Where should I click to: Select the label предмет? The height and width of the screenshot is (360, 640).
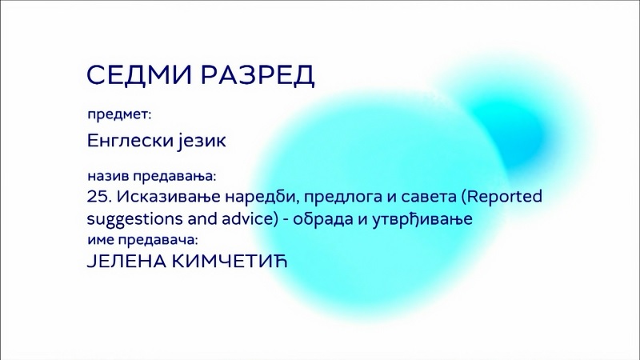[119, 114]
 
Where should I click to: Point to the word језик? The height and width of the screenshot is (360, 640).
[202, 142]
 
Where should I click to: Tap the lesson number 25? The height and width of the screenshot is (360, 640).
[99, 197]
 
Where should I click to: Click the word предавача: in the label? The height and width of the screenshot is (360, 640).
[158, 240]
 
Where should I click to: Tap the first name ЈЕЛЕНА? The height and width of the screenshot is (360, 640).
[127, 262]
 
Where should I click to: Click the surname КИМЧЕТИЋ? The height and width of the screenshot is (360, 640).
[230, 261]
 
